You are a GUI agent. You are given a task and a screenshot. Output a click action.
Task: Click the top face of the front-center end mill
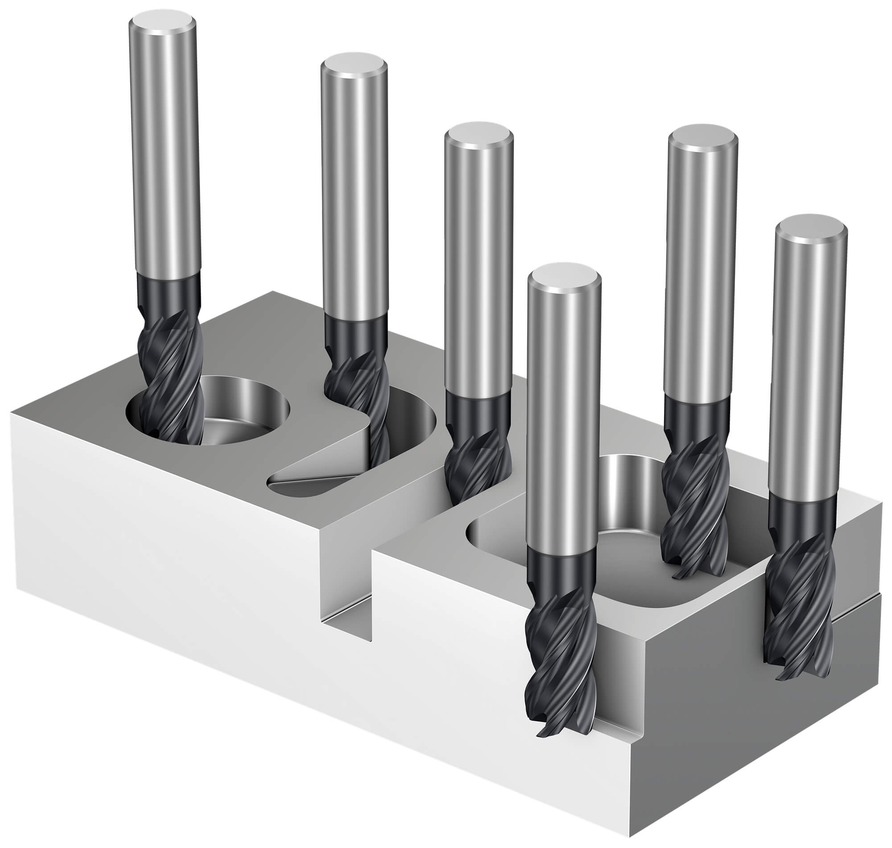pyautogui.click(x=564, y=276)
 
